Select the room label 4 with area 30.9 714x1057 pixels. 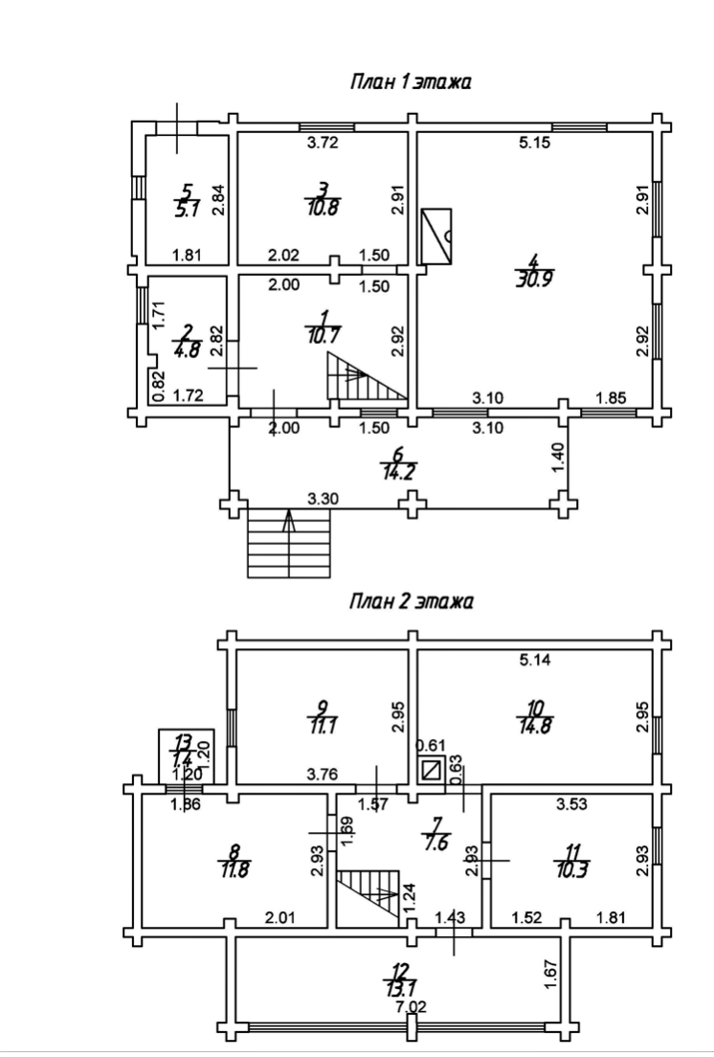pos(527,270)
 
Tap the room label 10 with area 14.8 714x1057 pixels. pos(536,715)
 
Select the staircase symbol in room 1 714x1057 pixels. pos(364,377)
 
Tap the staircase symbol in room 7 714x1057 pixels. pos(370,897)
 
